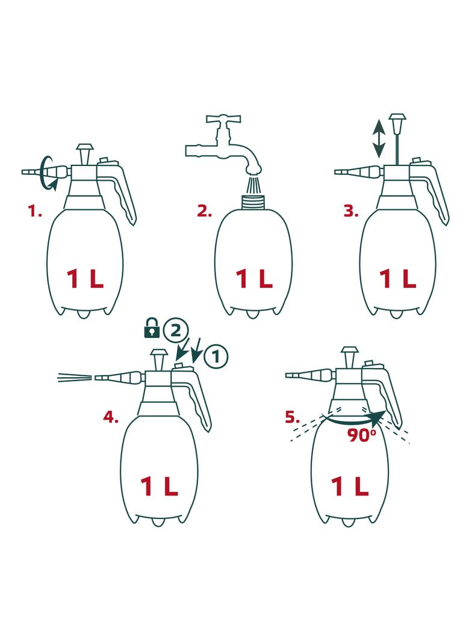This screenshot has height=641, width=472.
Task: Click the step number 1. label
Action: [x=35, y=211]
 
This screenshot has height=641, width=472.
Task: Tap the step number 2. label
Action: [x=204, y=211]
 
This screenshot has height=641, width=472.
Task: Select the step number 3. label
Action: [x=351, y=211]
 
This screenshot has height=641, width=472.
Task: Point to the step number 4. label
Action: [x=111, y=417]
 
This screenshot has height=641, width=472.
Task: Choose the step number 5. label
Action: [x=292, y=417]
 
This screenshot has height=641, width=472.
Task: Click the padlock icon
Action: [x=152, y=328]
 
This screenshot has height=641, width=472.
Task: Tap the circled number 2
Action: [x=176, y=330]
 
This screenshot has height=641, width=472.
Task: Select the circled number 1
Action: [x=216, y=357]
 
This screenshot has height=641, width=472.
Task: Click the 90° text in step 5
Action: [x=362, y=435]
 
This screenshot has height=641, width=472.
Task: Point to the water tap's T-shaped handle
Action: [x=223, y=120]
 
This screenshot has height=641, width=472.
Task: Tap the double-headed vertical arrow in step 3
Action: [x=379, y=138]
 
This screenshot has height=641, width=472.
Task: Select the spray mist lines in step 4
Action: [x=75, y=378]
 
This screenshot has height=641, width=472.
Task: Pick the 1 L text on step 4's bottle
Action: [x=160, y=486]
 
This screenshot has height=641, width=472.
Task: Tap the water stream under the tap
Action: [x=253, y=185]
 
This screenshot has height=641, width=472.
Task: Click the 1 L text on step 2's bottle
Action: [x=254, y=279]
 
